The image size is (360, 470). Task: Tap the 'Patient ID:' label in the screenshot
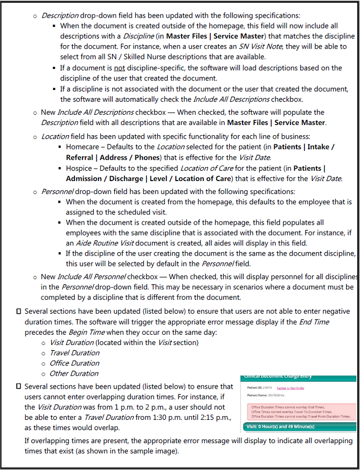tap(255, 388)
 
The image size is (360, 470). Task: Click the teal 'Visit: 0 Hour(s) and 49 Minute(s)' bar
tap(281, 426)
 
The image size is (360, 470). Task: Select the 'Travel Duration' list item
tap(74, 353)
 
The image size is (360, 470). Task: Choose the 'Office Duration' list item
tap(74, 363)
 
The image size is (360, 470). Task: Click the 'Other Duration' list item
tap(74, 374)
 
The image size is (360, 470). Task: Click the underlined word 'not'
tap(120, 68)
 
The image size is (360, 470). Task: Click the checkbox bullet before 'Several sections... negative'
tap(19, 312)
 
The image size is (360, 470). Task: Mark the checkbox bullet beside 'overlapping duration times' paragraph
tap(19, 386)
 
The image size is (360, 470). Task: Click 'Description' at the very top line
tap(60, 16)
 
